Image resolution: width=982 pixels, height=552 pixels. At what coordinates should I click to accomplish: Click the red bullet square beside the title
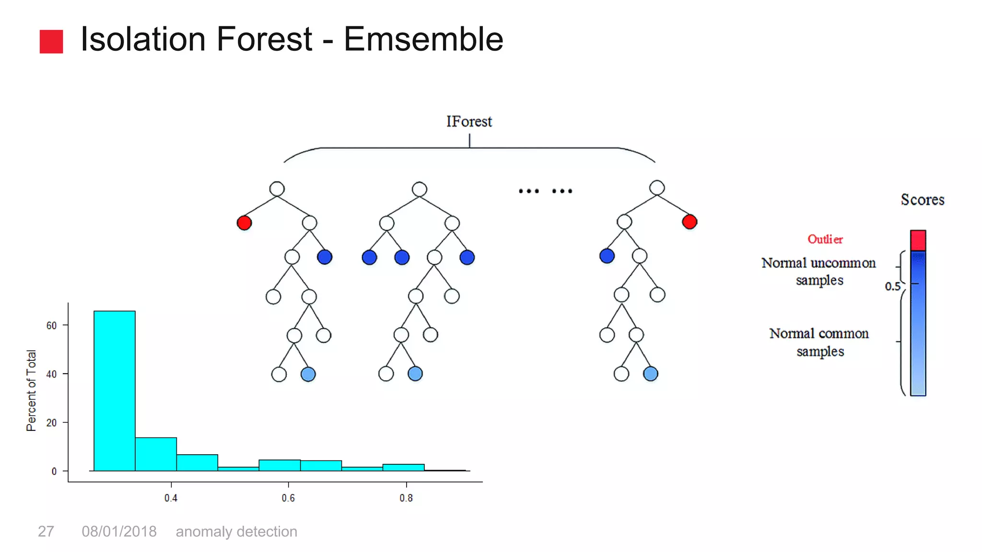click(51, 42)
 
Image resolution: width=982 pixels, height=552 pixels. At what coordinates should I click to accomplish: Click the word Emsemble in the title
click(423, 39)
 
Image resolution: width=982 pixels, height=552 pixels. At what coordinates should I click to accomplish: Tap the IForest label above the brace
click(469, 122)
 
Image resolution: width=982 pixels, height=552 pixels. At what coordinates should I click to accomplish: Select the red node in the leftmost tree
click(244, 223)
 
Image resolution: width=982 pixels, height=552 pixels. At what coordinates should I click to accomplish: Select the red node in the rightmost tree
click(689, 222)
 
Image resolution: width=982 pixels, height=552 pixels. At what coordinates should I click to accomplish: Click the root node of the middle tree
click(419, 189)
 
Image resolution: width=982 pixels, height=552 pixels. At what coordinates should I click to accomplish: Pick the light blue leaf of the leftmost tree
click(308, 374)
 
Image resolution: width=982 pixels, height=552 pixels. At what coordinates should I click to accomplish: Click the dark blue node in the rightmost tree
click(607, 256)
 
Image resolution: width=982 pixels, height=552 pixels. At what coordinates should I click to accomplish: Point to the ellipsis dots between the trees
click(545, 191)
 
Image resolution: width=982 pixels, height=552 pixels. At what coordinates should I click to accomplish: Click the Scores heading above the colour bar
click(922, 200)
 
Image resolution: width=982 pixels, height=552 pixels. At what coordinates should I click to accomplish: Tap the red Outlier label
click(825, 239)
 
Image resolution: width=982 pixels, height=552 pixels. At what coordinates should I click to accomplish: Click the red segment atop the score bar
click(918, 240)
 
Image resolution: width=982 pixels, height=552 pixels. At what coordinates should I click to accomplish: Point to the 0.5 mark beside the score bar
click(892, 287)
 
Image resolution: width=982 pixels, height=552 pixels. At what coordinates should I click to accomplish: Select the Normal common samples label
click(819, 342)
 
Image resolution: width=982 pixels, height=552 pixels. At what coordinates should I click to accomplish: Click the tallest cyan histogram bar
click(115, 391)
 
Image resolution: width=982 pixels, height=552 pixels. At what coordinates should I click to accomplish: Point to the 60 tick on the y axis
click(51, 326)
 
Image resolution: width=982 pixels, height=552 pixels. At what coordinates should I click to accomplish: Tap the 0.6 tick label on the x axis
click(288, 498)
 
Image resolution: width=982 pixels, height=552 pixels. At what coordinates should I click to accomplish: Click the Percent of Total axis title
click(31, 391)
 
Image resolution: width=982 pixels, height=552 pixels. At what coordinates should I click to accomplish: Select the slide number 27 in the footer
click(46, 531)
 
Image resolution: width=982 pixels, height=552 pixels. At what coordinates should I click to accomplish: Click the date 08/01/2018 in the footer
click(119, 531)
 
